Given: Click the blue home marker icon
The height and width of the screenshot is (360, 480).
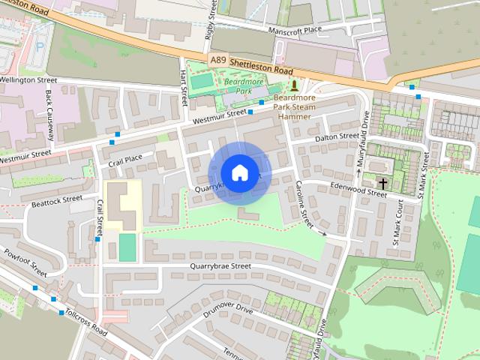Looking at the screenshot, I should (239, 172).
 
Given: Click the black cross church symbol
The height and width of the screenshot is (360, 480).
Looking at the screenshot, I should (383, 182).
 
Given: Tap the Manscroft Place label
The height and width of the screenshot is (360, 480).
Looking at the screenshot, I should (296, 30).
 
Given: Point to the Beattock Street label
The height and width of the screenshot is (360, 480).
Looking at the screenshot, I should (57, 200).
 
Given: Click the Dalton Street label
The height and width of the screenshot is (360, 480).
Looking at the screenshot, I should (337, 136).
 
